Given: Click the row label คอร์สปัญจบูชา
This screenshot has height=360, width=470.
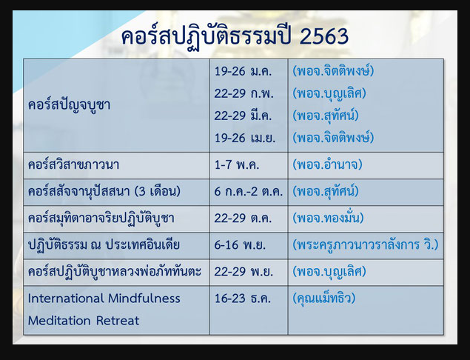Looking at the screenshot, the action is [x=70, y=105].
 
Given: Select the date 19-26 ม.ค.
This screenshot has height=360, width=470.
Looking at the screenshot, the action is [x=243, y=71].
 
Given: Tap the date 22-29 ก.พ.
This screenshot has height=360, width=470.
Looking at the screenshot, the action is [x=244, y=93].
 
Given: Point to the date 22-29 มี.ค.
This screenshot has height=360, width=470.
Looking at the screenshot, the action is [x=243, y=116].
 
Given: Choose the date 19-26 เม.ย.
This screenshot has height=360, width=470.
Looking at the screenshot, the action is [x=244, y=138].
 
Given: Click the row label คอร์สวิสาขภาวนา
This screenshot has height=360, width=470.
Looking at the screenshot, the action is [x=73, y=164].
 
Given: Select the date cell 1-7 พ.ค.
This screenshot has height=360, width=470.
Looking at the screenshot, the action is [x=237, y=164].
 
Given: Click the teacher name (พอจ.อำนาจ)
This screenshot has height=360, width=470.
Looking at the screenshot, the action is [x=327, y=164].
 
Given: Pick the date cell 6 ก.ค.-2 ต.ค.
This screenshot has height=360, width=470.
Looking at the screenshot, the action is [x=249, y=191].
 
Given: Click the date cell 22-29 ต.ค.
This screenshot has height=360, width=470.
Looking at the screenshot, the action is [x=243, y=218].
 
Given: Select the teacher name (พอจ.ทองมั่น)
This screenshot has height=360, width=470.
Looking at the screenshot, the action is [x=328, y=218].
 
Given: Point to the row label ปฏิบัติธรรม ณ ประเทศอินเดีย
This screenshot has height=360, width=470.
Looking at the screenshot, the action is [x=104, y=244].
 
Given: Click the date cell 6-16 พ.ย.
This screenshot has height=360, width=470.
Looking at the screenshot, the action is [x=240, y=244].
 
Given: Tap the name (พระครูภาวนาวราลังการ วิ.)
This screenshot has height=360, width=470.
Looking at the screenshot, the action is [x=366, y=244].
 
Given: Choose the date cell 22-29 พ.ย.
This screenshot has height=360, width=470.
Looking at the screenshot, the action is [x=244, y=272].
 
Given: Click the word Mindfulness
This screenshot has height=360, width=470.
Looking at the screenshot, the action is [x=144, y=299].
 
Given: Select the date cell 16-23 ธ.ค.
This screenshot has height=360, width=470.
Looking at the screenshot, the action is [x=243, y=299].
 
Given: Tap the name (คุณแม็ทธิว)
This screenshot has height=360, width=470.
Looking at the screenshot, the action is [x=324, y=299].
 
